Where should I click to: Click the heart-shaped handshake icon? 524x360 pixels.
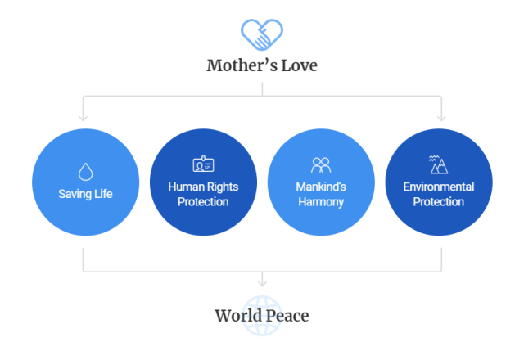pos(262,34)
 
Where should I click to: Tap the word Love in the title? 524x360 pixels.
pos(299,65)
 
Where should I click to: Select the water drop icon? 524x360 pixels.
pos(85,172)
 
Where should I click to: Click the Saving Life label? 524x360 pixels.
pos(85,194)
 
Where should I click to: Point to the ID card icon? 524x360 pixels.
pos(203,164)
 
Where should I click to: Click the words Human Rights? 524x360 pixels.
pos(203,187)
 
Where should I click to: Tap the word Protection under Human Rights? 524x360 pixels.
pos(203,202)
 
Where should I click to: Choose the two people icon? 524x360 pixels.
pos(321,164)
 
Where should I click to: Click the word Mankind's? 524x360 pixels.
pos(321,187)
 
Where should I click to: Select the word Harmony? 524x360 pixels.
pos(321,202)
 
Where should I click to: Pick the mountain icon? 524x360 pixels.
pos(439,164)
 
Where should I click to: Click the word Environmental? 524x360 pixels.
pos(439,187)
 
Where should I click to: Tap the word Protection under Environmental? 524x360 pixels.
pos(439,202)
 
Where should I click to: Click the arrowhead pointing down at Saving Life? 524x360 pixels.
pos(84,118)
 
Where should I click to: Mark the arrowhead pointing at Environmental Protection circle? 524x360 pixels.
pos(441,118)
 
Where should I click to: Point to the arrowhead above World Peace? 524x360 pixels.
pos(262,284)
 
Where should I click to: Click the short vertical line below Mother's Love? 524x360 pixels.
pos(262,89)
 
